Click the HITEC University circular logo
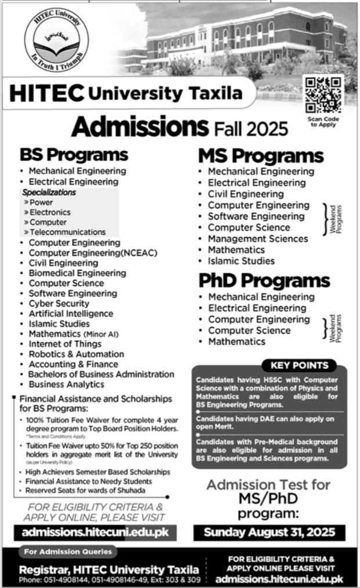(x=56, y=41)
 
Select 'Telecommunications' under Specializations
(x=68, y=232)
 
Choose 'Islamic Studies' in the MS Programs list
(x=241, y=261)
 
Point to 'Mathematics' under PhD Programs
(x=237, y=342)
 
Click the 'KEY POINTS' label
(x=299, y=365)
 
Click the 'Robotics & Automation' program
(x=73, y=354)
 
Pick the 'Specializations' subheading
(x=49, y=192)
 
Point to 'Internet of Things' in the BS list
(x=65, y=344)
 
